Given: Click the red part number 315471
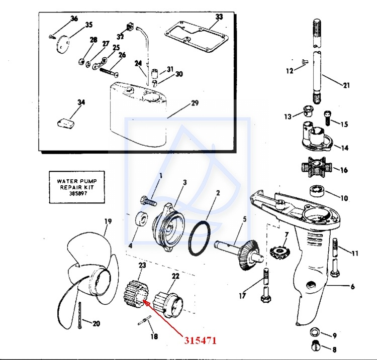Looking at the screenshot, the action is tap(200, 340).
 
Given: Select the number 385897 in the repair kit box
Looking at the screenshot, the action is tap(77, 193).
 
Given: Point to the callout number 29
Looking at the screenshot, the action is tap(195, 103).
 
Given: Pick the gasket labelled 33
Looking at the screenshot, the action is tap(197, 37).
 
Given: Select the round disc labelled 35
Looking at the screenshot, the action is tap(62, 44).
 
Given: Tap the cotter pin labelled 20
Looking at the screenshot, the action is tap(80, 314).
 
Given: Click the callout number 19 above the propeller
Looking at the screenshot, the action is tap(108, 221).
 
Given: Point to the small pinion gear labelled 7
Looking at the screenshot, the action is tap(280, 253).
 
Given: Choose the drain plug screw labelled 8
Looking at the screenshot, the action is tap(317, 345).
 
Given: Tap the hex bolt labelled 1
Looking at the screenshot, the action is tap(148, 201).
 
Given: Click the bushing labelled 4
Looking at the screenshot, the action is tap(141, 219).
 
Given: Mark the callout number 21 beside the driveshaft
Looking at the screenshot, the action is tap(346, 85).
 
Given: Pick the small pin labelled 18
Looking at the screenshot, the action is tap(144, 321).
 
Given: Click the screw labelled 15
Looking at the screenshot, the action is tap(327, 118).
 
